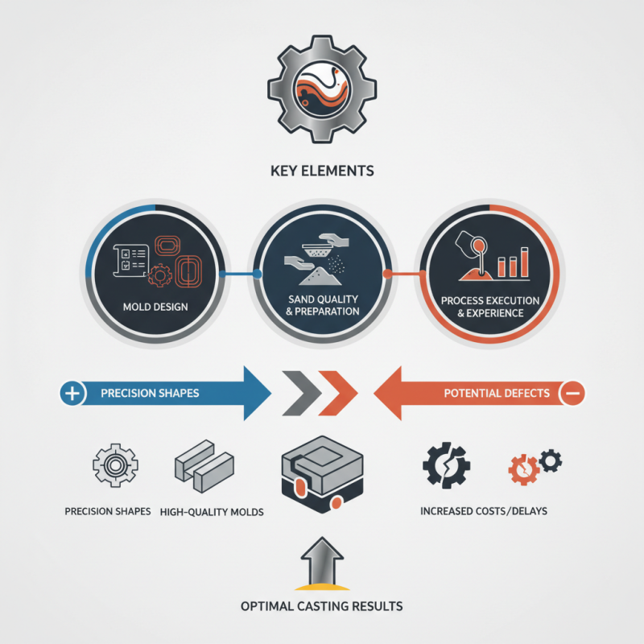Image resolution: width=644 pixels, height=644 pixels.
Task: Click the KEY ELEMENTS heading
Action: point(322,171)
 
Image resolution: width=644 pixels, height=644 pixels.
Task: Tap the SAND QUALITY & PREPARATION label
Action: point(322,305)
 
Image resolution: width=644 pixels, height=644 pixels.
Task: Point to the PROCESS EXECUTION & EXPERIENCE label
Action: point(490,306)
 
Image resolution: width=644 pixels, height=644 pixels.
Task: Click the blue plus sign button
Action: point(72,394)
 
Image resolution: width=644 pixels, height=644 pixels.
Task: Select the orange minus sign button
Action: point(573,394)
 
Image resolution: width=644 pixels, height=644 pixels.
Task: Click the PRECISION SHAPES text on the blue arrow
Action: point(150,394)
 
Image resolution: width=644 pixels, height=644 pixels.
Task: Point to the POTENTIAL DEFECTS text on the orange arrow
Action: point(497,394)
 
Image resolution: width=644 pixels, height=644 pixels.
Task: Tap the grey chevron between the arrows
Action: point(296,394)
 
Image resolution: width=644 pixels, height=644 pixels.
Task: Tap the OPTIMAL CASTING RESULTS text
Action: point(322,605)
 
